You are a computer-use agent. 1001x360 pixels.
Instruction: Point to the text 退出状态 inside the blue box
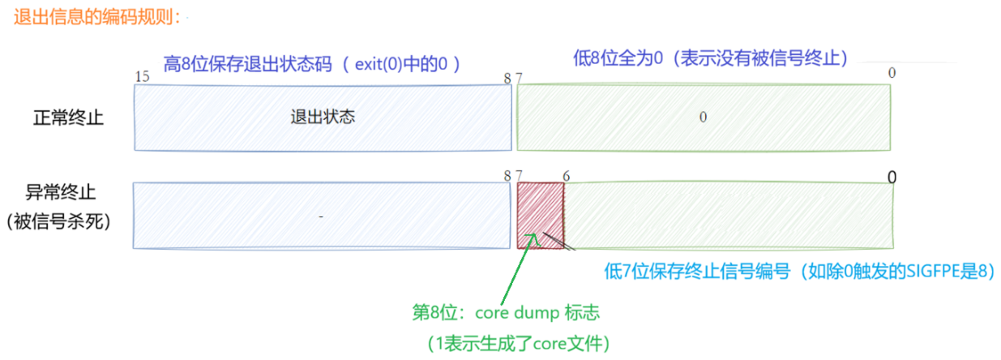pyautogui.click(x=323, y=117)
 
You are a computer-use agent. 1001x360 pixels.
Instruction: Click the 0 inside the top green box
pyautogui.click(x=703, y=117)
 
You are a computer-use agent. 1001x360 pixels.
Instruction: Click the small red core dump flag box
pyautogui.click(x=540, y=215)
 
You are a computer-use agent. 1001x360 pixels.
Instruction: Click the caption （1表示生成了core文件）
pyautogui.click(x=519, y=344)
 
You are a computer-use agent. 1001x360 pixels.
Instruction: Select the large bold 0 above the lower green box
pyautogui.click(x=892, y=177)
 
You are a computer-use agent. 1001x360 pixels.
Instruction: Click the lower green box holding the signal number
pyautogui.click(x=729, y=215)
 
